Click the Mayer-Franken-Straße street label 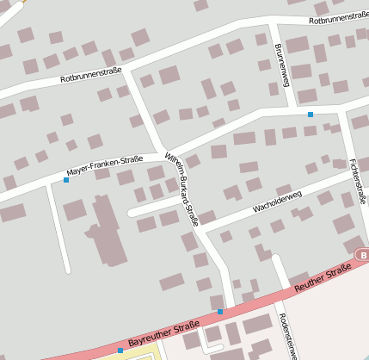pos(105,165)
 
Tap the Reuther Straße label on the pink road pos(322,282)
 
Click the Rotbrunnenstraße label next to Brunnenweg pos(337,17)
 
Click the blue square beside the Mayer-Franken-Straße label pos(66,180)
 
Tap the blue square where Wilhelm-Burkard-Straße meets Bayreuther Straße pos(220,311)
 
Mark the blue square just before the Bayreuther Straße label pos(120,351)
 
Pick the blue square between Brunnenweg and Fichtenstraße pos(311,114)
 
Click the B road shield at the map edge pos(363,256)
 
